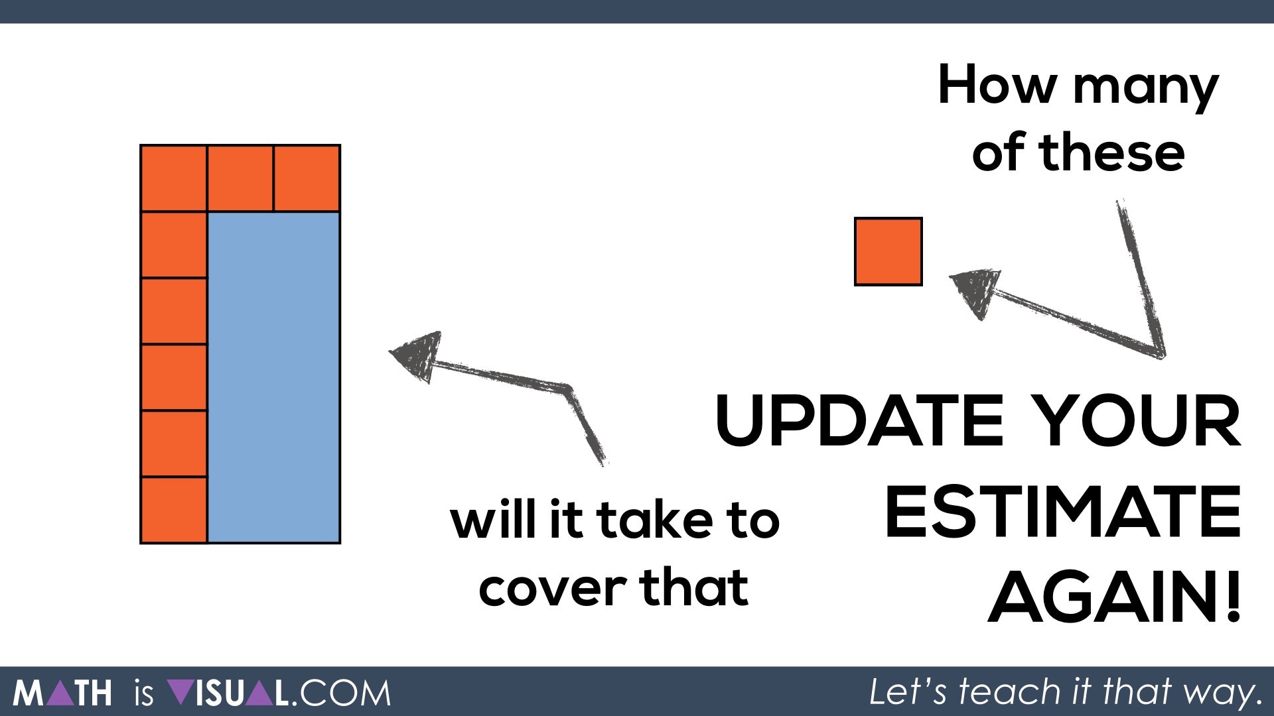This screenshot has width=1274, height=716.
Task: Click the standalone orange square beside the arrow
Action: coord(888,251)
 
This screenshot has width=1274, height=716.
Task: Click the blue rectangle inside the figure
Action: coord(273,377)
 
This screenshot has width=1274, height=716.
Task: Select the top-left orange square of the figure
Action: coord(173,178)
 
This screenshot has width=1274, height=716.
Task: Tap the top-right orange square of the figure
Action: coord(307,178)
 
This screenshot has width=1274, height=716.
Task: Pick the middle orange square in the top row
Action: coord(240,178)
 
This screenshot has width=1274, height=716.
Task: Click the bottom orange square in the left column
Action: coord(173,509)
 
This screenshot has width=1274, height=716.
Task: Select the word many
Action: coord(1146,89)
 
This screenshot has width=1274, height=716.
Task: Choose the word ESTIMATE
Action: coord(1062,512)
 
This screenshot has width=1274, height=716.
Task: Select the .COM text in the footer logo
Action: coord(342,693)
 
